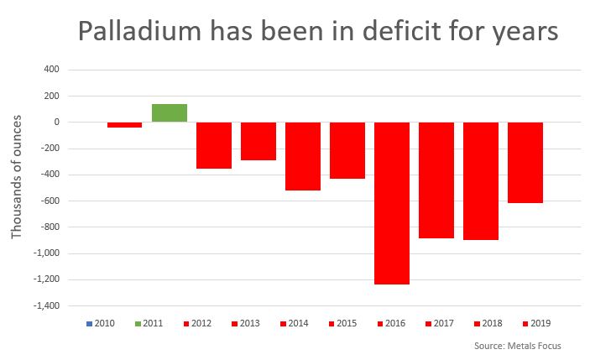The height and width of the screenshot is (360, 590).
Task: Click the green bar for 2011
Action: [x=169, y=112]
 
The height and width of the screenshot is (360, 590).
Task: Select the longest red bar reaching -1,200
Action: [x=391, y=203]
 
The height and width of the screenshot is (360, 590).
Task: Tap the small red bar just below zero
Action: [x=124, y=125]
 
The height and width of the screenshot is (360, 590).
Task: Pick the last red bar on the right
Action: [x=525, y=163]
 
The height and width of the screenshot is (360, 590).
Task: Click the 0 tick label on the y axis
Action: [x=55, y=123]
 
